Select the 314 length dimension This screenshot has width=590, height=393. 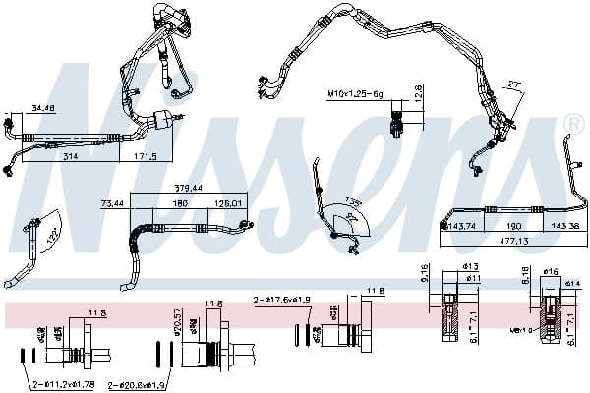tap(70, 156)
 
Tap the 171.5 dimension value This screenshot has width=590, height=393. tap(146, 156)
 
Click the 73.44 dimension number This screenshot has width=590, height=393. tap(114, 203)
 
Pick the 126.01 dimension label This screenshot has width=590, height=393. tap(228, 203)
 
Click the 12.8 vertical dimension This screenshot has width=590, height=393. tap(418, 94)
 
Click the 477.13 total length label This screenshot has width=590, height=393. tap(511, 240)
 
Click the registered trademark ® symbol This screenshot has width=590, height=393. tap(575, 123)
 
